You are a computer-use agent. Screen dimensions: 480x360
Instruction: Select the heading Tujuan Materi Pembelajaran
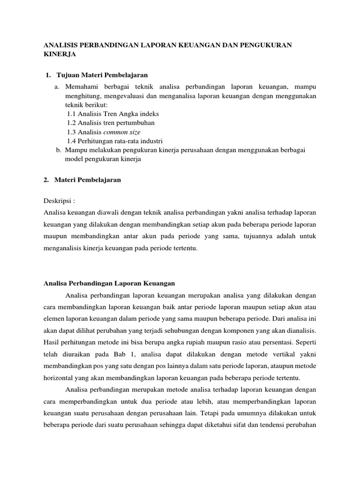click(102, 75)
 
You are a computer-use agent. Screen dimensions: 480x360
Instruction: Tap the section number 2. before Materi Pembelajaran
click(46, 180)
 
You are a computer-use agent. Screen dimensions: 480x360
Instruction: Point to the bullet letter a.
click(57, 87)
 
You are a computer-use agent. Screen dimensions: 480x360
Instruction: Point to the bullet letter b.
click(58, 150)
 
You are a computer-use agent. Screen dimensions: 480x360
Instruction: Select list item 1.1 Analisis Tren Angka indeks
click(112, 113)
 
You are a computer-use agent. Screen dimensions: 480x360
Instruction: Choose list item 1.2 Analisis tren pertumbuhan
click(111, 123)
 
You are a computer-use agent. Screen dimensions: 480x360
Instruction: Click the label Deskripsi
click(59, 201)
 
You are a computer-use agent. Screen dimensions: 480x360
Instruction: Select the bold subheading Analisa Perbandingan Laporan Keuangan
click(109, 283)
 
